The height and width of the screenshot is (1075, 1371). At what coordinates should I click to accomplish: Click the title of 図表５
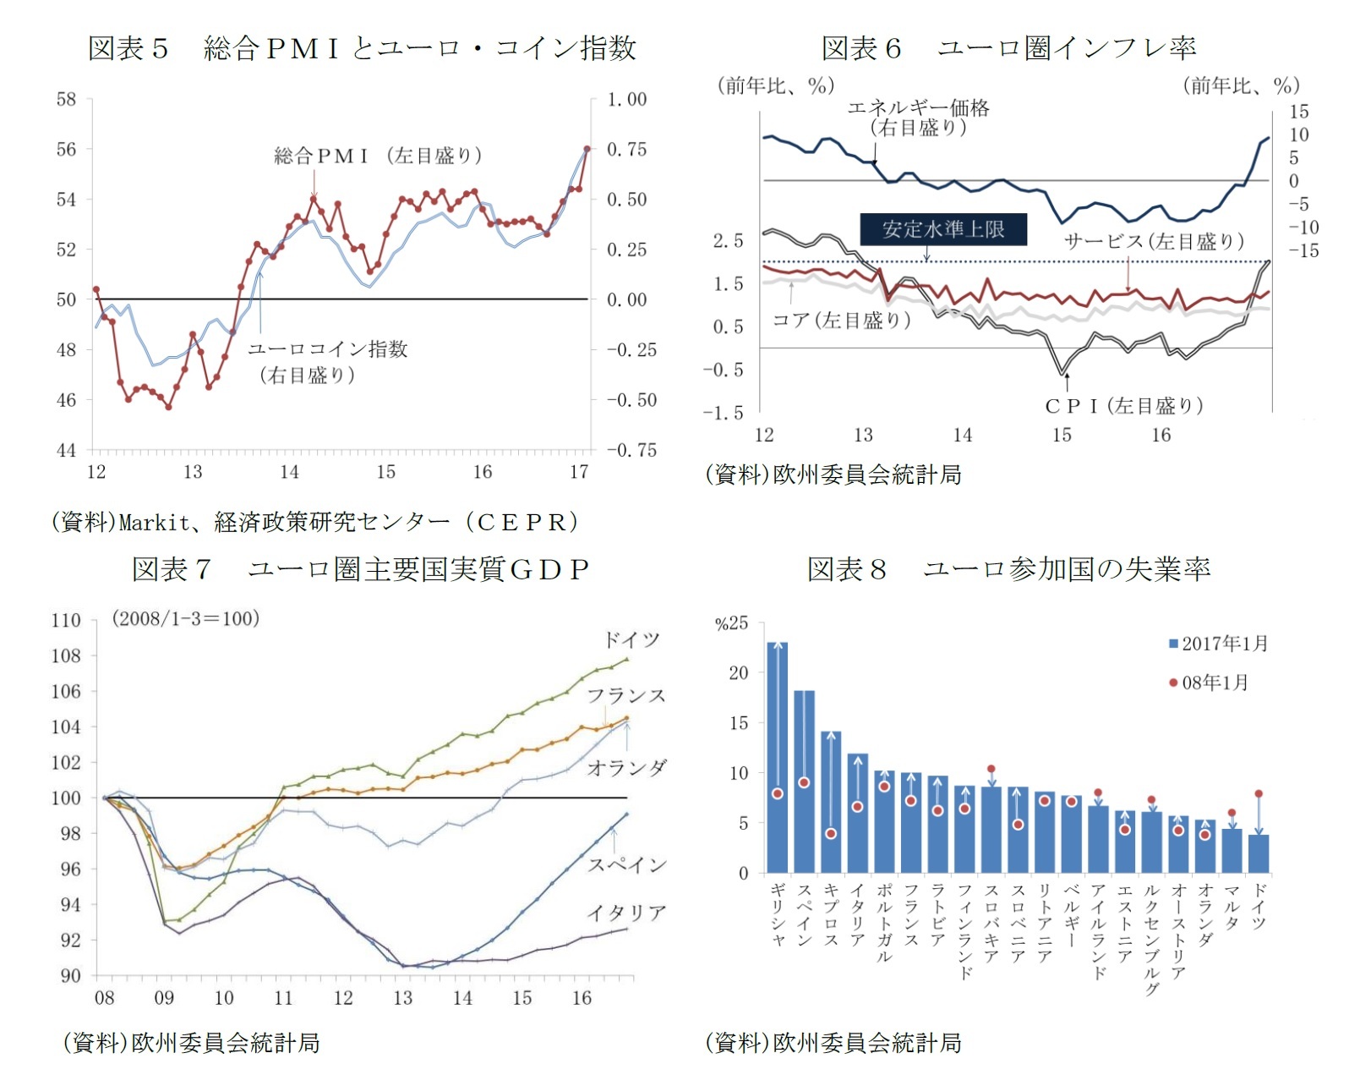tap(362, 48)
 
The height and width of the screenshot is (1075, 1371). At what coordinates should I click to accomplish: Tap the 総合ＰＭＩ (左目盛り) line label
tap(378, 156)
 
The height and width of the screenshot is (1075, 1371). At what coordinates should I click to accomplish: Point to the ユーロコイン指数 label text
tap(328, 349)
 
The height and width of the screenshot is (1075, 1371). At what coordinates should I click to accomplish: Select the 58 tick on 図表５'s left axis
tap(67, 100)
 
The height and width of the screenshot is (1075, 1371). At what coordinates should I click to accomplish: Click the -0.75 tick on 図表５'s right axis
tap(631, 450)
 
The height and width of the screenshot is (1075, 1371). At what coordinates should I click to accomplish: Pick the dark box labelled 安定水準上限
tap(942, 229)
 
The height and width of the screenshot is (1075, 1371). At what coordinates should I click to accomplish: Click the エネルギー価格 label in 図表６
tap(918, 108)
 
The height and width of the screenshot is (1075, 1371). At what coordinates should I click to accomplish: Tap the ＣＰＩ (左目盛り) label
tap(1123, 406)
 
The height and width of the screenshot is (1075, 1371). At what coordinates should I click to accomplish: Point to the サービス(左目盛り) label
tap(1154, 242)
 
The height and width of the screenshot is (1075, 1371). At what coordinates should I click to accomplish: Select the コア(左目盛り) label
tap(841, 320)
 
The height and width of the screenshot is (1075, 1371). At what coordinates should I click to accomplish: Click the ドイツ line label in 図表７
tap(631, 639)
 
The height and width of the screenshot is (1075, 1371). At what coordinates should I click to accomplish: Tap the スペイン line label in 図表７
tap(626, 864)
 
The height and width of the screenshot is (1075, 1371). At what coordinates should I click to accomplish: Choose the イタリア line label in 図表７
tap(626, 913)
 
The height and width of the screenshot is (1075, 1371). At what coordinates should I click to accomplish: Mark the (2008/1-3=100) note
tap(186, 618)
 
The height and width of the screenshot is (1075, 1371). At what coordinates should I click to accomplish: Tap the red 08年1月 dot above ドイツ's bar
tap(1259, 794)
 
